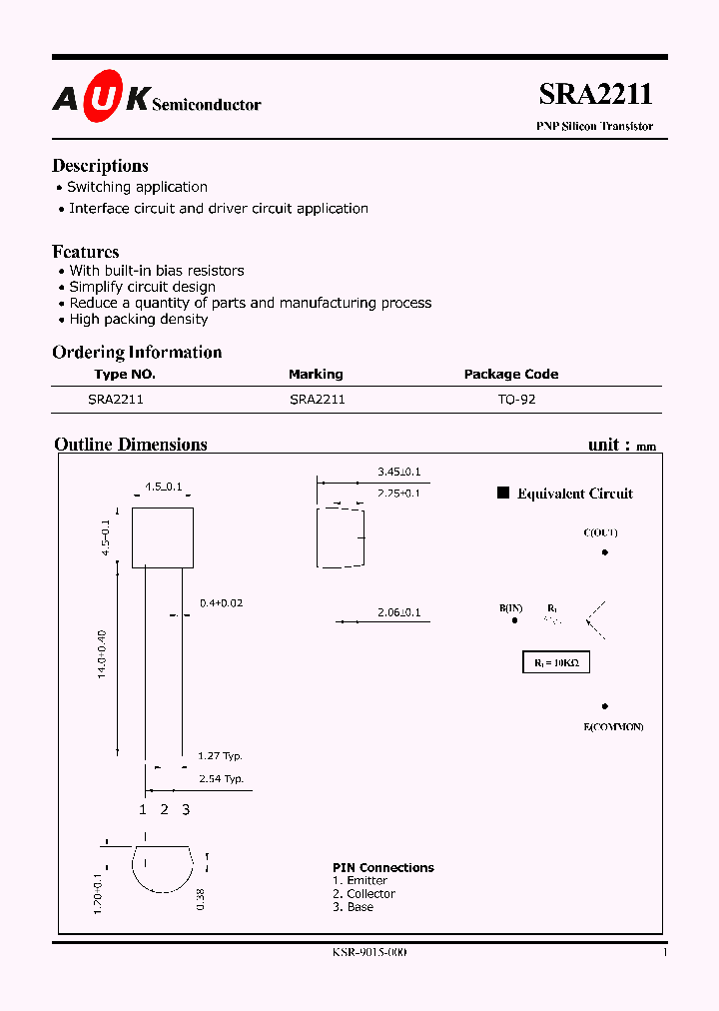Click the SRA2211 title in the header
595,94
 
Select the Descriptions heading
100,166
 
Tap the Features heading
85,252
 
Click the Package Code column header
511,374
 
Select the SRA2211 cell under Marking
317,399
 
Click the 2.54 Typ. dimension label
220,778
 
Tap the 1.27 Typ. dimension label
220,756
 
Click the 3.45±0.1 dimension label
398,471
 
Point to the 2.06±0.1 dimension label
398,612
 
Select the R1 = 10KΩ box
555,662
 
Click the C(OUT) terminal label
601,532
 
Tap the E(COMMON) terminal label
613,726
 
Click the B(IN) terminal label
511,607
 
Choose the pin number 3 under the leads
186,809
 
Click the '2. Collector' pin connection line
363,894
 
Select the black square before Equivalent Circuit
503,493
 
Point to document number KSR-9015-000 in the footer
368,953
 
